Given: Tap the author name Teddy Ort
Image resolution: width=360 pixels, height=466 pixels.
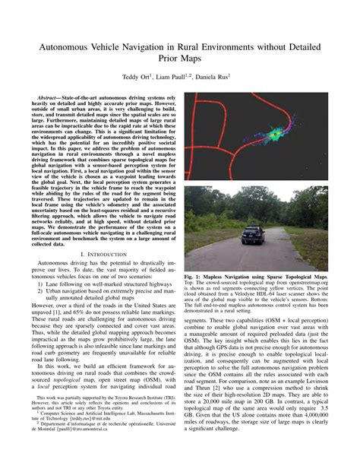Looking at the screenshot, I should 136,77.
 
